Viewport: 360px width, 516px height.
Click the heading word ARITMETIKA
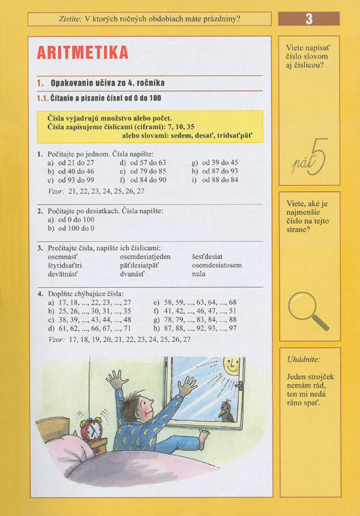coord(82,52)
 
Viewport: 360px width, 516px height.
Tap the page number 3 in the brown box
coord(309,19)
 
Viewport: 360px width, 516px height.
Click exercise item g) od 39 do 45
coord(215,163)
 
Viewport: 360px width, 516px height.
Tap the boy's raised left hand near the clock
coord(115,379)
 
